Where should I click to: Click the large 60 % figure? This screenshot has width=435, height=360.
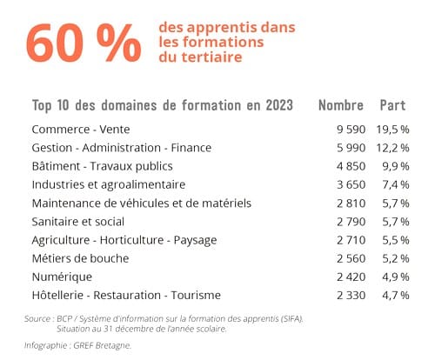tap(84, 43)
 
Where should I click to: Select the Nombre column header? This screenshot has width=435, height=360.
tap(341, 105)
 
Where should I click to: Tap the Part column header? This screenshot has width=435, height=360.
tap(392, 105)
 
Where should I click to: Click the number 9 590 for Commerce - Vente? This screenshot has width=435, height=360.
tap(351, 130)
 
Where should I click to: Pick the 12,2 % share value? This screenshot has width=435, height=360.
tap(392, 148)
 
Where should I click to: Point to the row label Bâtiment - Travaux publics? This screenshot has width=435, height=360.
tap(102, 166)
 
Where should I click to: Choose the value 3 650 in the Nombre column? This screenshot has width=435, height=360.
tap(351, 184)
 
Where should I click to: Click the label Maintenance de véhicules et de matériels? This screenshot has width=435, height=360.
tap(142, 203)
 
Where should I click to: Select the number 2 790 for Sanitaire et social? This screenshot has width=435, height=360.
tap(351, 222)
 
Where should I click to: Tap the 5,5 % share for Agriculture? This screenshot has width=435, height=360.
tap(396, 240)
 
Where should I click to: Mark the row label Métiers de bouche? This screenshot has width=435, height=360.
tap(80, 258)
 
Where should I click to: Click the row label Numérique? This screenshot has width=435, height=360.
tap(62, 277)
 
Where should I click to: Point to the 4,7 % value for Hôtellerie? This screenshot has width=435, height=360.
tap(396, 296)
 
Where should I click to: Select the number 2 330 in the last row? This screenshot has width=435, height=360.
tap(351, 296)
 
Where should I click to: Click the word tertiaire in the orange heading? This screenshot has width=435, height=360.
tap(211, 57)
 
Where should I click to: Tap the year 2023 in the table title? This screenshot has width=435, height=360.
tap(279, 105)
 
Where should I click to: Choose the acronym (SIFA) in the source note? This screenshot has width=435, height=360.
tap(291, 319)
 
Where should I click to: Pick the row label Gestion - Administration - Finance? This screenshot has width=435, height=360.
tap(122, 148)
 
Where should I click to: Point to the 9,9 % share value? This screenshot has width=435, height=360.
tap(396, 166)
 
